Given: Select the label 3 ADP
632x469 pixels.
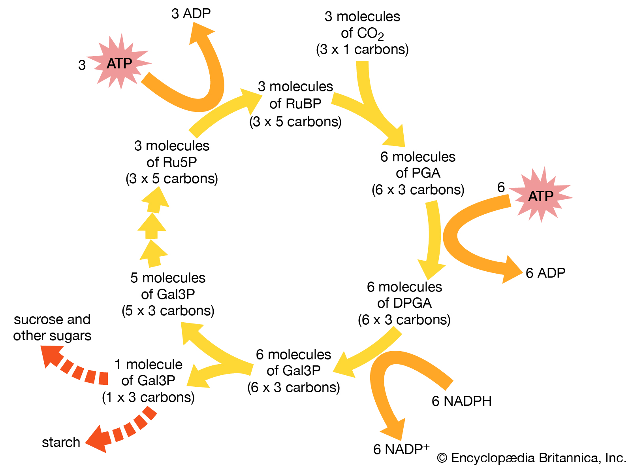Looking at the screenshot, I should (191, 13).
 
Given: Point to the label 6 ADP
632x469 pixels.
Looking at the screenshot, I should (545, 273).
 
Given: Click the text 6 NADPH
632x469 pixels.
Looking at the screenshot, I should (461, 401).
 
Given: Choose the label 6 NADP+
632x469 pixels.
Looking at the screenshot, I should (401, 449).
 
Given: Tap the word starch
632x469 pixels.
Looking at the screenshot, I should (61, 442).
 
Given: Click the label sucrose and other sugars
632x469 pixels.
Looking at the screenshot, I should (52, 327).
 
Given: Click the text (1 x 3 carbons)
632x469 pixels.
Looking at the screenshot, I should (148, 397).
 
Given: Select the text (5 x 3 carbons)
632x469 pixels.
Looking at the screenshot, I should (168, 311).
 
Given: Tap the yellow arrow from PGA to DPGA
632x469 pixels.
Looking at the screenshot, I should (434, 237).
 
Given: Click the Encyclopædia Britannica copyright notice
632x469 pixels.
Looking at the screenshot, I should (532, 458).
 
